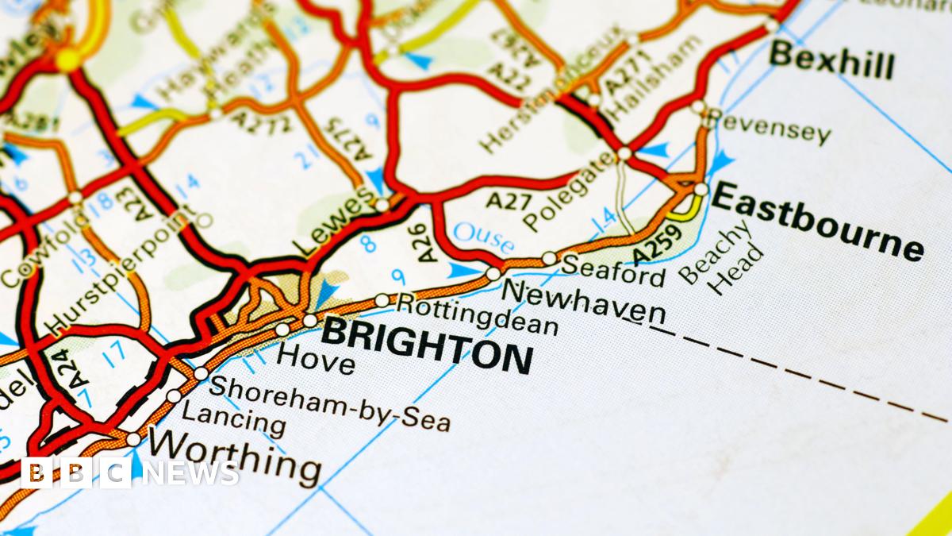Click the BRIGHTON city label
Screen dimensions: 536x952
(427, 346)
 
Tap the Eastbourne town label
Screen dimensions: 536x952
(817, 220)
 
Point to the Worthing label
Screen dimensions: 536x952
(236, 456)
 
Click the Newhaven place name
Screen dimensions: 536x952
(585, 303)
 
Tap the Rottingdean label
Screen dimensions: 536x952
(477, 314)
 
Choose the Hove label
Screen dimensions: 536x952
(316, 358)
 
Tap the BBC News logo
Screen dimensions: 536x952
(129, 472)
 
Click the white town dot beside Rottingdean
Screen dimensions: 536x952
(382, 300)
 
